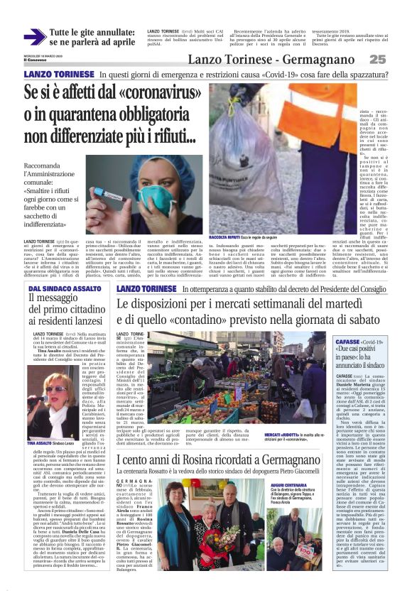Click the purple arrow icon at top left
[34, 36]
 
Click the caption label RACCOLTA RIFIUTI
[226, 236]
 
